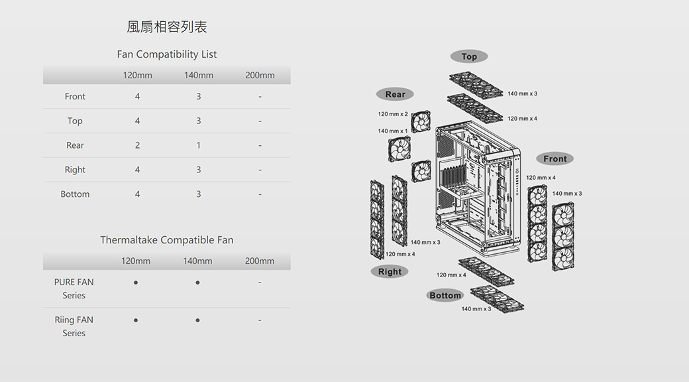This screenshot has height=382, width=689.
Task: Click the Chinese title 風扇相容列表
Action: (167, 27)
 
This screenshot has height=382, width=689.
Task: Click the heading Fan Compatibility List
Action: (167, 54)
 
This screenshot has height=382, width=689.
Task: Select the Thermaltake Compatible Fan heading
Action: (167, 240)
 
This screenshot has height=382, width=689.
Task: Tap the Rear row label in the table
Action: (75, 145)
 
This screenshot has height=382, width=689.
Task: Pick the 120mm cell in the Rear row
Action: (137, 145)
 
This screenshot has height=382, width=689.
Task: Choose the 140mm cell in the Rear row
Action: (198, 145)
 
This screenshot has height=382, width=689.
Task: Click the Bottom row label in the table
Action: (75, 194)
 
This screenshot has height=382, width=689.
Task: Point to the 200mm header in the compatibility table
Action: (260, 76)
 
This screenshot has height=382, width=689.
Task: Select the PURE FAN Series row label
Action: (74, 288)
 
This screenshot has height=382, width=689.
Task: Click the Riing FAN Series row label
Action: (74, 326)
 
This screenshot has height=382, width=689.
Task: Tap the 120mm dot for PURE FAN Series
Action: (136, 283)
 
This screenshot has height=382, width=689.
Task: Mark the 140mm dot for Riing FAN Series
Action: (198, 320)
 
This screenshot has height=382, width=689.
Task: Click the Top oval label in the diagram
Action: (469, 56)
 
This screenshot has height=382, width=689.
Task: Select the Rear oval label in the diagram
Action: (395, 94)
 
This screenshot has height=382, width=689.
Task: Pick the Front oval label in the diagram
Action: (555, 159)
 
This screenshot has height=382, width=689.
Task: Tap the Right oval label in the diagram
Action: (390, 271)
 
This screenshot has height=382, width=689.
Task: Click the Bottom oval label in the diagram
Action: (445, 295)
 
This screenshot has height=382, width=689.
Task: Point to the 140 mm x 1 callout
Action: (393, 131)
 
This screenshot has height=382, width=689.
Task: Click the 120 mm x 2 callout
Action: (393, 114)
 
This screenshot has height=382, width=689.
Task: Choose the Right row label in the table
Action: (75, 170)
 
